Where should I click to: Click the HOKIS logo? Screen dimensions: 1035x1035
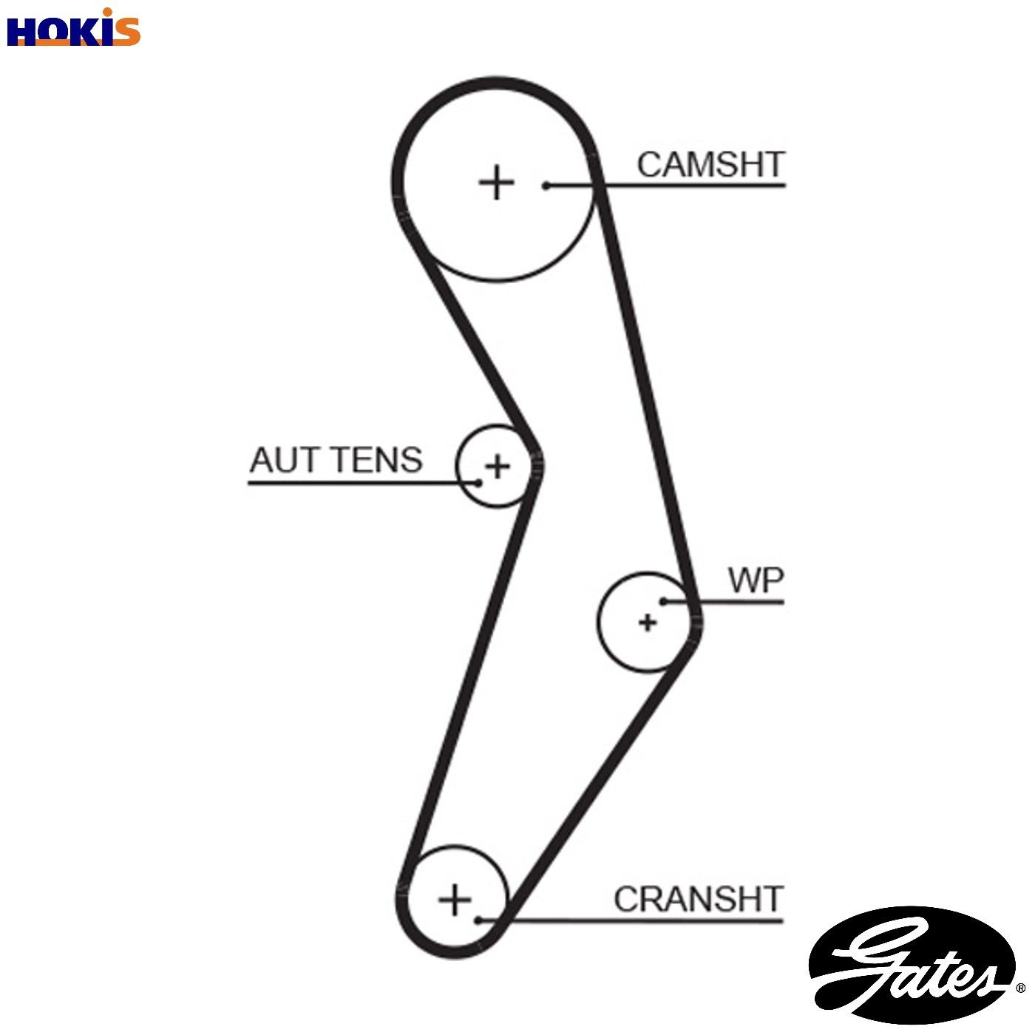74,27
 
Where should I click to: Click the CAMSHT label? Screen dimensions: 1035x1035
710,164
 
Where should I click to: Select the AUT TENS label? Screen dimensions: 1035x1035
336,460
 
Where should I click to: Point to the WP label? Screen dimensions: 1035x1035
756,580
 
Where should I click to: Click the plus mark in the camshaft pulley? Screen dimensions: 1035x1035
497,183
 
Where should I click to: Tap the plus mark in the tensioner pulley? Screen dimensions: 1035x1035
497,466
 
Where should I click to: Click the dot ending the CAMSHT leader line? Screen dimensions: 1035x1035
546,186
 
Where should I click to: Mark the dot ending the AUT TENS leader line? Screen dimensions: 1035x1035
478,482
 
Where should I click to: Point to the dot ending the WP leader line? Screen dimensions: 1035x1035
664,602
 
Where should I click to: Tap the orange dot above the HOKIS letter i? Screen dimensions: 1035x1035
109,12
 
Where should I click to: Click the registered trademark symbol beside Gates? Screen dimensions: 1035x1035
1020,988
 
